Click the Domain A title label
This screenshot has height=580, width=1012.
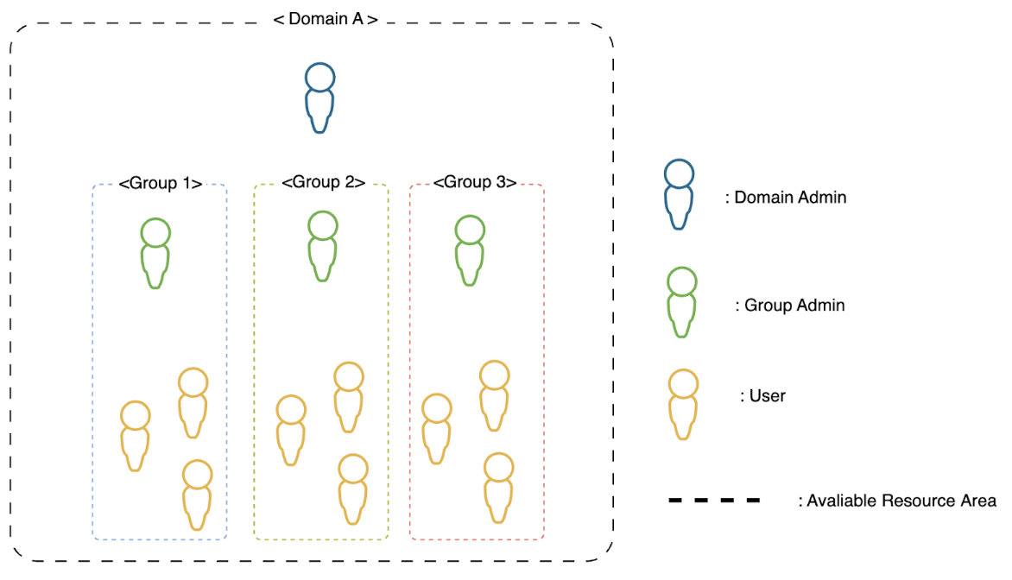pyautogui.click(x=326, y=18)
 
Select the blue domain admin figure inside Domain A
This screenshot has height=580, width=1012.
pyautogui.click(x=319, y=98)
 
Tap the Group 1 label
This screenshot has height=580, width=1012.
pyautogui.click(x=161, y=183)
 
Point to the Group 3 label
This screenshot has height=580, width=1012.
pyautogui.click(x=475, y=183)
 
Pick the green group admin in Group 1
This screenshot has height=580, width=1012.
pyautogui.click(x=155, y=252)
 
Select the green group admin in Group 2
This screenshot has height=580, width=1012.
pyautogui.click(x=322, y=246)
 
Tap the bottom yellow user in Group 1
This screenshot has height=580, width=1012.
pyautogui.click(x=197, y=495)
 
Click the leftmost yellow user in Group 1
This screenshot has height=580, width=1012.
pyautogui.click(x=135, y=436)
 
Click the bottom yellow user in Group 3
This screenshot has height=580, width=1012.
pyautogui.click(x=498, y=488)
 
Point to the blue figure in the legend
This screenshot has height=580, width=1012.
pyautogui.click(x=680, y=194)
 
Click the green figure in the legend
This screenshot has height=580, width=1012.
pyautogui.click(x=681, y=302)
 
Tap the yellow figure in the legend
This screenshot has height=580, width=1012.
pyautogui.click(x=683, y=404)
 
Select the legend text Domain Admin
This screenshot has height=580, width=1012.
pyautogui.click(x=786, y=198)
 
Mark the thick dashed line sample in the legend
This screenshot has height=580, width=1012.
pyautogui.click(x=714, y=501)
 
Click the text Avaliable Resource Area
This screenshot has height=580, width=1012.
pyautogui.click(x=897, y=501)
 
